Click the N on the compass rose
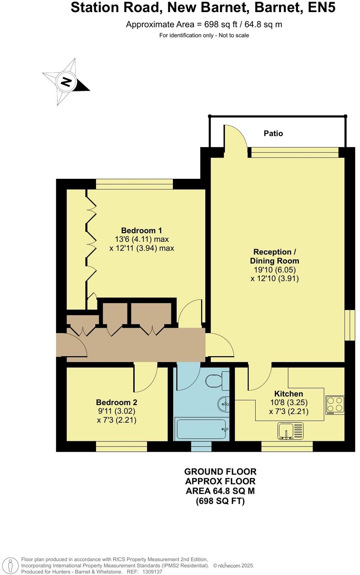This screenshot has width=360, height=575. (67, 82)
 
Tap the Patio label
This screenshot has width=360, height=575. (273, 133)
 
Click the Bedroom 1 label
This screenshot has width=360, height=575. (141, 231)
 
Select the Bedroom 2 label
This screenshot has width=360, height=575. (116, 403)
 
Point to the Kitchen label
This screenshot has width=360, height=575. (289, 394)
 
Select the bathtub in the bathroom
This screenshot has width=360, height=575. (201, 429)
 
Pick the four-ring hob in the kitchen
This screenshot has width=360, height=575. (335, 404)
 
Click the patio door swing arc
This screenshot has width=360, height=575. (234, 137)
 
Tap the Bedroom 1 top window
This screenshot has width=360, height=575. (134, 184)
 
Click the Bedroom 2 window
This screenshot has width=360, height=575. (121, 446)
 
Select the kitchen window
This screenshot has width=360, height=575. (287, 446)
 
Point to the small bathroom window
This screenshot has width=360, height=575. (201, 446)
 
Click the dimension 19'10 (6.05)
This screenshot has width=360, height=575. (275, 270)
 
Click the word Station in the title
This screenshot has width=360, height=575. (96, 8)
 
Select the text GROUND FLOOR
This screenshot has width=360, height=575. (220, 472)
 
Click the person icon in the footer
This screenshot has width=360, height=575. (11, 566)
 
